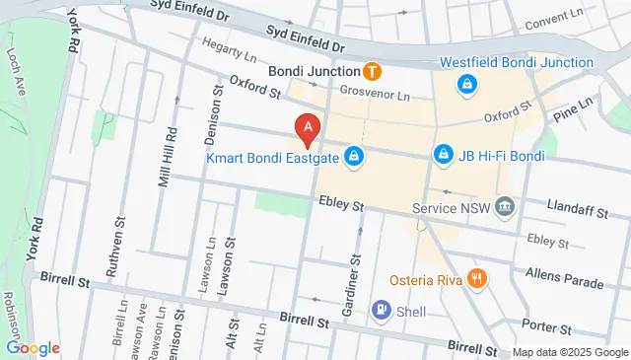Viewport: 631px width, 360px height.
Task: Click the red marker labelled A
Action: [x=309, y=127]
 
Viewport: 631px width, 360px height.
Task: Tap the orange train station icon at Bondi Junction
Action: [x=373, y=71]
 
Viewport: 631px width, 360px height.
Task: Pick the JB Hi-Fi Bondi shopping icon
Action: [x=444, y=156]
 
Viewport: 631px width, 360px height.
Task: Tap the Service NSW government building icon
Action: [x=506, y=208]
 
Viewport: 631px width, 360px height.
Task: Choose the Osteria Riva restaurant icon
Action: [x=477, y=279]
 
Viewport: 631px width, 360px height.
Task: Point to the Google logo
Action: [x=33, y=347]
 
